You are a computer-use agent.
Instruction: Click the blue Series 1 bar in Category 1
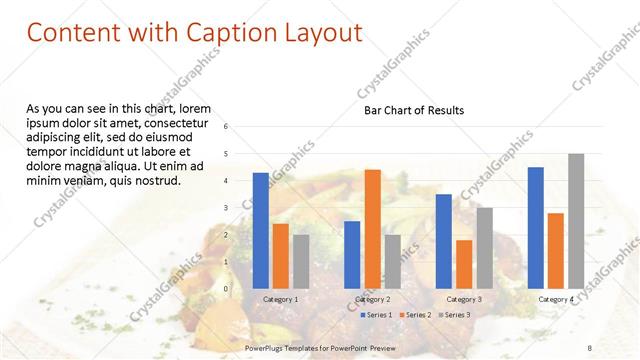tap(260, 230)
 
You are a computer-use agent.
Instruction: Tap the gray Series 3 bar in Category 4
tap(576, 220)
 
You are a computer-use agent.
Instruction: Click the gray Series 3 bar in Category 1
tap(301, 261)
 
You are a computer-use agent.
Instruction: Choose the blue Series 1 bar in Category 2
tap(352, 254)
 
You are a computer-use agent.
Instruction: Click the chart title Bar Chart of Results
tap(413, 110)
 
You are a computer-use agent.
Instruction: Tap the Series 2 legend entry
tap(415, 315)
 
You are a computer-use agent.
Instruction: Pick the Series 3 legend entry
tap(453, 315)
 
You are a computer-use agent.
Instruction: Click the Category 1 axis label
tap(280, 299)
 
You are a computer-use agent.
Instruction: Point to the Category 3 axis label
tap(464, 299)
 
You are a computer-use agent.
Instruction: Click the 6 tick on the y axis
tap(226, 127)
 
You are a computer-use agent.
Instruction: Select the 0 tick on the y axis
tap(226, 289)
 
